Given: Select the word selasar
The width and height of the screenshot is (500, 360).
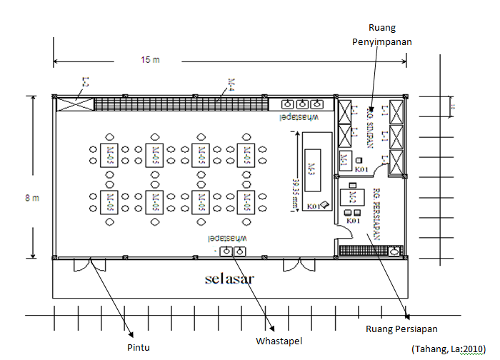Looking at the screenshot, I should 228,277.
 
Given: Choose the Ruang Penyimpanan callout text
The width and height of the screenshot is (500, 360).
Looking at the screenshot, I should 381,34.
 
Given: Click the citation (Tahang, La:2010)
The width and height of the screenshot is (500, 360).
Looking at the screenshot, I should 449,348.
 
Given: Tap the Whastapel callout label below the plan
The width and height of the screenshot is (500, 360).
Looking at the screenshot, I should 279,341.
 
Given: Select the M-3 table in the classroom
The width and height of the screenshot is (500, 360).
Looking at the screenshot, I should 311,169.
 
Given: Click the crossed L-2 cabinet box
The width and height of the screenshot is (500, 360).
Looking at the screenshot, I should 75,104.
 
